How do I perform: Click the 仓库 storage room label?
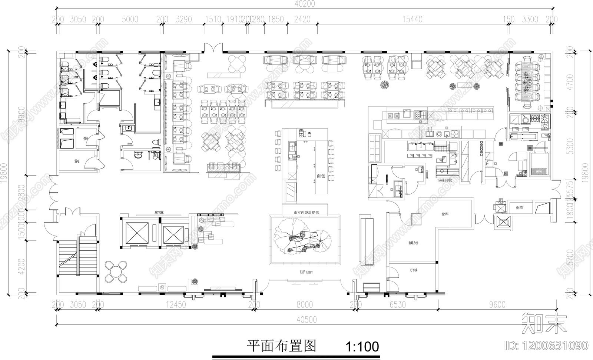[445, 214]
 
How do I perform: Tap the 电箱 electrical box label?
[519, 208]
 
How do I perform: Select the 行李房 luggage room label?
[414, 270]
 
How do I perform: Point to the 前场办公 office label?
[413, 243]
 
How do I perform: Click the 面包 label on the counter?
[321, 176]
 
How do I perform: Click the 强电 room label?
[86, 139]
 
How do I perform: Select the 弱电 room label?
[77, 161]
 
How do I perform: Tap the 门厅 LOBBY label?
[307, 272]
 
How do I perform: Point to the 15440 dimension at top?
[412, 19]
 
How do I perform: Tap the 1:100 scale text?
[362, 347]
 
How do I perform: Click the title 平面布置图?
[282, 346]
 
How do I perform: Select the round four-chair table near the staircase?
[117, 271]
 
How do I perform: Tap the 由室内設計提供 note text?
[306, 213]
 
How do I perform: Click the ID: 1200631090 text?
[547, 345]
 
